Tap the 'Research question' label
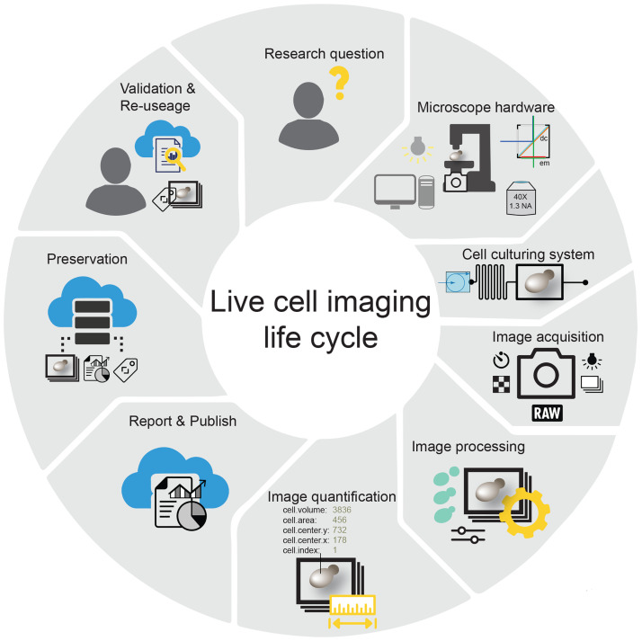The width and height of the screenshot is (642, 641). (x=324, y=54)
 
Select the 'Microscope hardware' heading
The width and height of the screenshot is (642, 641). (x=486, y=108)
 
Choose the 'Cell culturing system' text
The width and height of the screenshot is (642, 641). (x=528, y=254)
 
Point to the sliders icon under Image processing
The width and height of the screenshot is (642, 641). (x=467, y=536)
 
